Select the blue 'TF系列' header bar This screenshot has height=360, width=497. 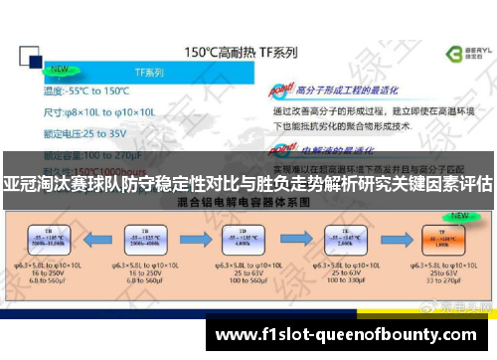[x=149, y=73]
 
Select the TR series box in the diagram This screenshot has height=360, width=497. [x=46, y=243]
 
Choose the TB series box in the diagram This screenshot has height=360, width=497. [x=141, y=243]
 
